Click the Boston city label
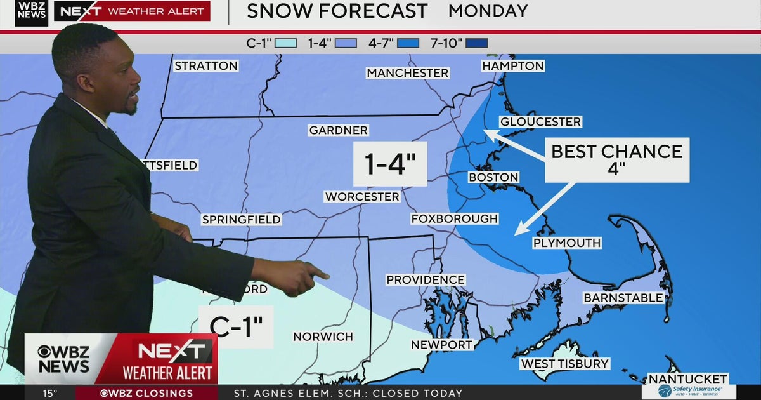(x=493, y=177)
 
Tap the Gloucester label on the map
(x=540, y=122)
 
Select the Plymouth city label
(x=566, y=243)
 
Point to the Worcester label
(x=362, y=197)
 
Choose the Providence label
(x=426, y=280)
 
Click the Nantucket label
(x=687, y=379)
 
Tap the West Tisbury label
(x=564, y=364)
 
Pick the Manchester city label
(x=407, y=73)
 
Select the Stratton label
(x=206, y=65)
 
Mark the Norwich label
(x=322, y=336)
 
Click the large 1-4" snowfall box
(x=390, y=164)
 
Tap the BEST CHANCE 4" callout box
(x=616, y=159)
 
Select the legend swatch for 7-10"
(x=476, y=44)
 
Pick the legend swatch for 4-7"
(x=408, y=44)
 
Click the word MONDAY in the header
(x=488, y=11)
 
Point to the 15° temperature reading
(x=49, y=393)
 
